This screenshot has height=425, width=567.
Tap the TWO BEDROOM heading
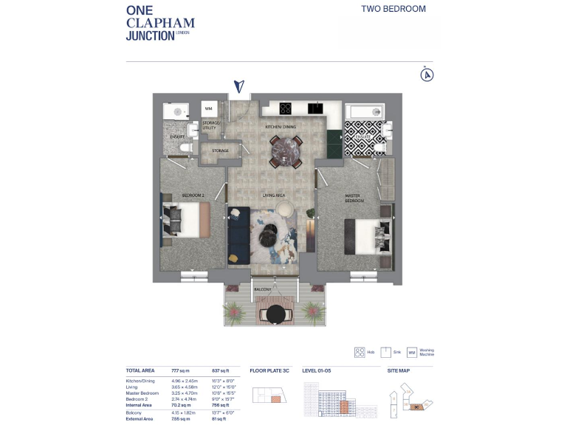[x=393, y=10]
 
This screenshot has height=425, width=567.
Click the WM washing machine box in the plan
[x=208, y=109]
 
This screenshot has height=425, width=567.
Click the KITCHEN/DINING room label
[x=281, y=128]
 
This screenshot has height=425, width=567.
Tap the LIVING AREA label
[x=275, y=195]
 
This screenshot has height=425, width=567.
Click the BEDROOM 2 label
[x=193, y=195]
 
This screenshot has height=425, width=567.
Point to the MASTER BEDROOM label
[x=354, y=198]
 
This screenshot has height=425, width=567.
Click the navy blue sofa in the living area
[x=238, y=234]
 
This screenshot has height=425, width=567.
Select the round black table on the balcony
[x=275, y=315]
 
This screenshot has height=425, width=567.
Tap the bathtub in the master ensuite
[x=364, y=112]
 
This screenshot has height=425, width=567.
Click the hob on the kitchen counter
[x=285, y=108]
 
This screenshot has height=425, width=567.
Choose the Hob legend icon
[x=360, y=352]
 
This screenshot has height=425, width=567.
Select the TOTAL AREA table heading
[x=140, y=370]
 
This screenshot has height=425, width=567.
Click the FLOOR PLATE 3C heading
[x=268, y=370]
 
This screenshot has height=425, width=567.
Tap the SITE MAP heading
[x=399, y=370]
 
